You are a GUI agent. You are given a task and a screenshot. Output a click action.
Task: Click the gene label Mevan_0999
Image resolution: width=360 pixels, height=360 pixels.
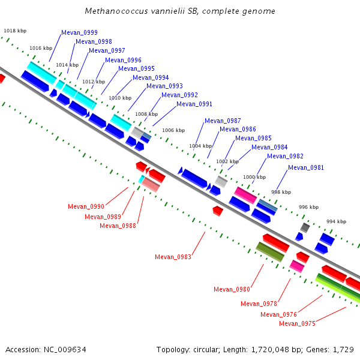79,32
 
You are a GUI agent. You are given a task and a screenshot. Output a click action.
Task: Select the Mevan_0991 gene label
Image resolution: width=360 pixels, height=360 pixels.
194,104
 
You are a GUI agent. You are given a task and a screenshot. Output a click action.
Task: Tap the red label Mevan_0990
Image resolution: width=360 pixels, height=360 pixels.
86,206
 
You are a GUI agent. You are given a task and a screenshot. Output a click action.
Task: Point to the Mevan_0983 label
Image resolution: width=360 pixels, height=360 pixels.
173,257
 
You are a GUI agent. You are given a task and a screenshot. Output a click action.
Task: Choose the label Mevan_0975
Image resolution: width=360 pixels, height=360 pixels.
298,323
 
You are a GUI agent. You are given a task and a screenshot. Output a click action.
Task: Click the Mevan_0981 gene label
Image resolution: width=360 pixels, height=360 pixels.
306,167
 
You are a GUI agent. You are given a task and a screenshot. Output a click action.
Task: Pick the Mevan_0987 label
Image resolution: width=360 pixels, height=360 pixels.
223,121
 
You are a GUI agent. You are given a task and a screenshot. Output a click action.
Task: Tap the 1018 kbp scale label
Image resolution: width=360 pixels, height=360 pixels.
15,31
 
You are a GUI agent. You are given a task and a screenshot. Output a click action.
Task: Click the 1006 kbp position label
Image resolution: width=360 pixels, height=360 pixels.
173,130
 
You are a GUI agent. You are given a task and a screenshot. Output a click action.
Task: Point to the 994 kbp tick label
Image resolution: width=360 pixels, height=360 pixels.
337,221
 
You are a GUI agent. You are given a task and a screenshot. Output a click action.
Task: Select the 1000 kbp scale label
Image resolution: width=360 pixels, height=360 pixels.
254,177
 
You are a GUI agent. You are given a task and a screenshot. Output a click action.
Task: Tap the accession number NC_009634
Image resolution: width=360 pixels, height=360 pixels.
65,350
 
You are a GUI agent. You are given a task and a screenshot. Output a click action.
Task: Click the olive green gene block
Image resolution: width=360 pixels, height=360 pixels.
270,252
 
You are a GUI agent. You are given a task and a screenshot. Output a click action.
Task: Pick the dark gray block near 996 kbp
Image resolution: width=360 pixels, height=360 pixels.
305,227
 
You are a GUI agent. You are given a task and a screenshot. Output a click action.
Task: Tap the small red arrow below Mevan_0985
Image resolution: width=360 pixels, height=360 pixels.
218,211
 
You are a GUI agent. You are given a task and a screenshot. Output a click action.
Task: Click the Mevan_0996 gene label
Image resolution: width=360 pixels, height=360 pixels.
123,60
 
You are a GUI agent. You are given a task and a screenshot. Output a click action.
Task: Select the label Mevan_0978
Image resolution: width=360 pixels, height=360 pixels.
259,304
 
